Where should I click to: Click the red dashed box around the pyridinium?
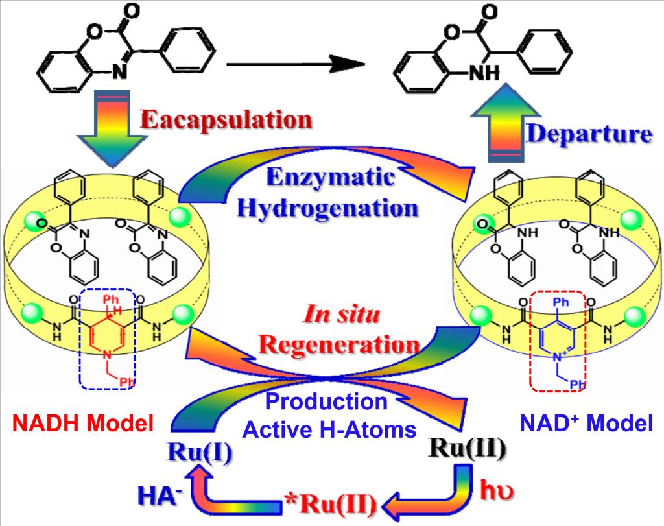pyautogui.click(x=558, y=340)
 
